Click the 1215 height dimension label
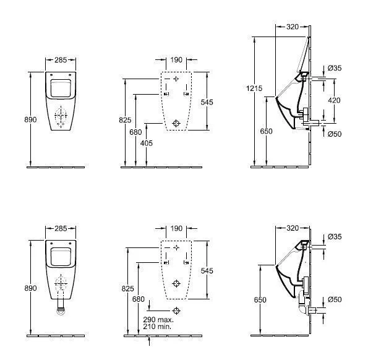254,88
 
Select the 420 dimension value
334,100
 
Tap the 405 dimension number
146,143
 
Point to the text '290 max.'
158,319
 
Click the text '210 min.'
157,326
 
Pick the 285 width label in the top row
61,60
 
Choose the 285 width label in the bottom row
61,228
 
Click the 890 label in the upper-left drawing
30,119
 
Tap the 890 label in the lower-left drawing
30,288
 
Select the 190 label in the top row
176,60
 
